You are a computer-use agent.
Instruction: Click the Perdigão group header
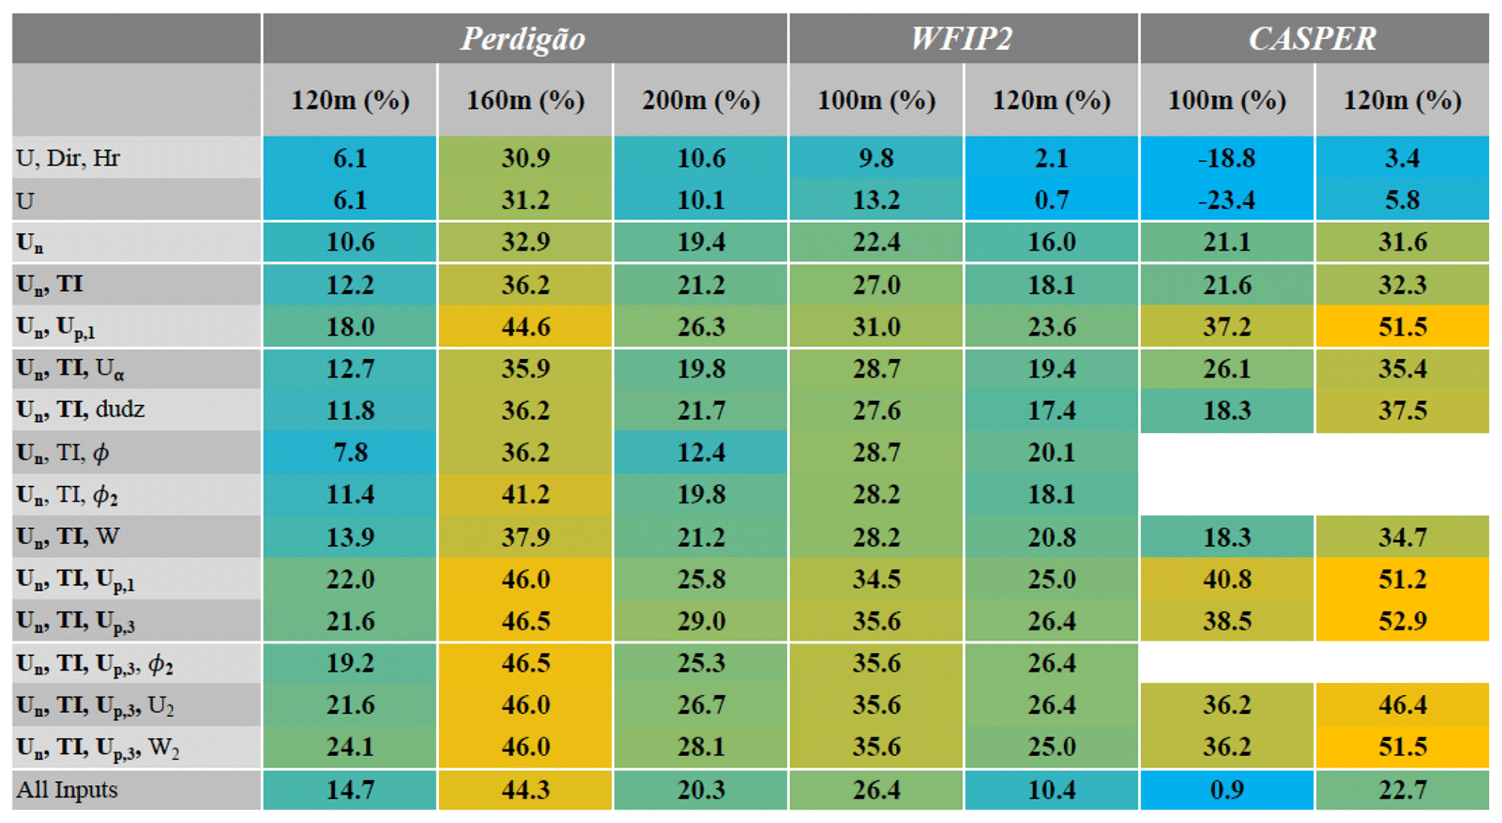(x=523, y=38)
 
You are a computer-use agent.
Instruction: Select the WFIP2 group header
(x=962, y=38)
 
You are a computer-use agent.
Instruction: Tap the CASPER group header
(x=1313, y=38)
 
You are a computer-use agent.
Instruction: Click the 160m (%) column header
(x=525, y=100)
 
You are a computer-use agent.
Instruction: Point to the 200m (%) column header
(x=700, y=100)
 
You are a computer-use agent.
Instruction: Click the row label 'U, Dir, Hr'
(x=68, y=158)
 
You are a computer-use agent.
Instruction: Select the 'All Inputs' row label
(x=67, y=790)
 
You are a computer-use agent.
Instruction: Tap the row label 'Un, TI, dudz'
(x=81, y=410)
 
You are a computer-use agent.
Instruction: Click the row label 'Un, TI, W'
(x=68, y=537)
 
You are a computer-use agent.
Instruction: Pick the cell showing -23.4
(x=1227, y=200)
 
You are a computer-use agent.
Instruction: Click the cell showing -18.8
(x=1227, y=158)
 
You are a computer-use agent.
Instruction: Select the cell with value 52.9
(x=1402, y=621)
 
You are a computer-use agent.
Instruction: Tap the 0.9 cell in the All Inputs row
(x=1227, y=790)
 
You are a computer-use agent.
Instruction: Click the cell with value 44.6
(x=525, y=326)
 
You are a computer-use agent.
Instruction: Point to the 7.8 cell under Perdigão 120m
(x=350, y=453)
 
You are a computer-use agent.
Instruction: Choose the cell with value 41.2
(x=525, y=495)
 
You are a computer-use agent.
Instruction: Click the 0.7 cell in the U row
(x=1051, y=200)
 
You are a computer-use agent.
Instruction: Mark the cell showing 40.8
(x=1227, y=579)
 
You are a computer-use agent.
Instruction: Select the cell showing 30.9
(x=525, y=158)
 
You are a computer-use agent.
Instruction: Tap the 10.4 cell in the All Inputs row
(x=1051, y=790)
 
